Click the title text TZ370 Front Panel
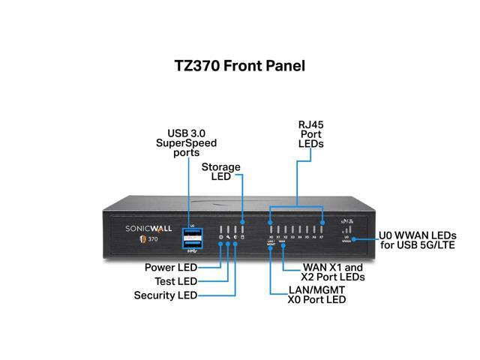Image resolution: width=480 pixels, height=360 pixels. pyautogui.click(x=239, y=65)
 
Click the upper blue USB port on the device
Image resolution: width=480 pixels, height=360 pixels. pyautogui.click(x=191, y=233)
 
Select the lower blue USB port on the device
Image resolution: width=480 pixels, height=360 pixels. pyautogui.click(x=191, y=243)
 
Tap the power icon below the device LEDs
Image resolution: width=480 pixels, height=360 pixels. pyautogui.click(x=220, y=237)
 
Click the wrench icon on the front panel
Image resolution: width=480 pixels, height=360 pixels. pyautogui.click(x=228, y=237)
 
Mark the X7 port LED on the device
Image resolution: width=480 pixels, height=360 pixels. pyautogui.click(x=322, y=228)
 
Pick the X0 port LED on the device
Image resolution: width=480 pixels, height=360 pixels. pyautogui.click(x=271, y=228)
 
